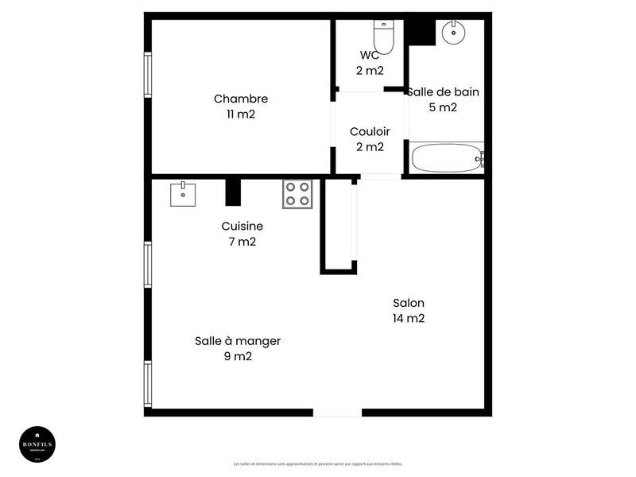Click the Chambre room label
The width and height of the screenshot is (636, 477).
[x=241, y=99]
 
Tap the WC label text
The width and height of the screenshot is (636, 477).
[x=370, y=56]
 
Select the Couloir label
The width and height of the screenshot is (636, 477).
[x=370, y=132]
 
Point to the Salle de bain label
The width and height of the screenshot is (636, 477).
[x=444, y=92]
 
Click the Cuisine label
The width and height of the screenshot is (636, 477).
[x=242, y=227]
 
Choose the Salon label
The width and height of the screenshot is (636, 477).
[x=409, y=303]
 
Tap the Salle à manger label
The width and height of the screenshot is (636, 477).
[x=238, y=341]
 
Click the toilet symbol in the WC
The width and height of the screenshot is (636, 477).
[x=384, y=35]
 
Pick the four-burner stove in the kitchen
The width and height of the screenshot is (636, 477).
[x=297, y=194]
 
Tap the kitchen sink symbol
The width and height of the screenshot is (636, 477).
[x=184, y=193]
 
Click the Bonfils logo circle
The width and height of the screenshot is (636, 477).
[x=37, y=443]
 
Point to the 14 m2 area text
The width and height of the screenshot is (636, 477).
[x=409, y=319]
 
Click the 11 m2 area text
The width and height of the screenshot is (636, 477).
[x=241, y=114]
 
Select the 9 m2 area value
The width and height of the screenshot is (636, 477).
[x=238, y=356]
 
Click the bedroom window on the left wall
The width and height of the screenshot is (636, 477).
[x=148, y=75]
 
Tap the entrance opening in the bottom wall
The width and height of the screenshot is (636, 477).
[x=337, y=412]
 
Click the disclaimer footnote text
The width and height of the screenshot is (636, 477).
[x=318, y=463]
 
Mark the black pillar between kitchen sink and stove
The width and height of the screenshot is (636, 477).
[x=233, y=192]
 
